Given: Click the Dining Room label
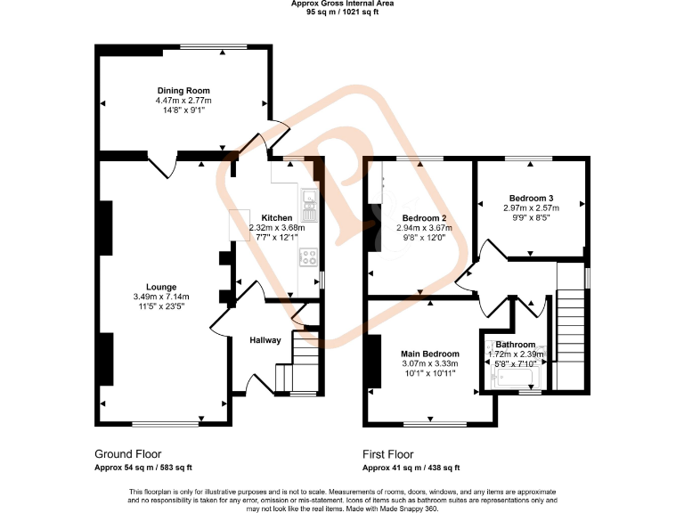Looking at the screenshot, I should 183,91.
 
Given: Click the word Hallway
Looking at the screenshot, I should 265,340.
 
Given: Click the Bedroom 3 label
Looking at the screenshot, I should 532,198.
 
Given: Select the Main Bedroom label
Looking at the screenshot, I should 430,354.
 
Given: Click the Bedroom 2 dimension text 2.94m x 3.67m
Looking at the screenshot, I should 425,228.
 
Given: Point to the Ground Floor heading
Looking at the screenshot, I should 127,453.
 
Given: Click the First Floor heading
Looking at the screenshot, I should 387,454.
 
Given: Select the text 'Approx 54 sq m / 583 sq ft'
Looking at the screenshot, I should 142,468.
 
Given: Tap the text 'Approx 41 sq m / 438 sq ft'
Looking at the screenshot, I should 411,468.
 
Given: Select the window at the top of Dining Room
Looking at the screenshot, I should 213,47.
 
